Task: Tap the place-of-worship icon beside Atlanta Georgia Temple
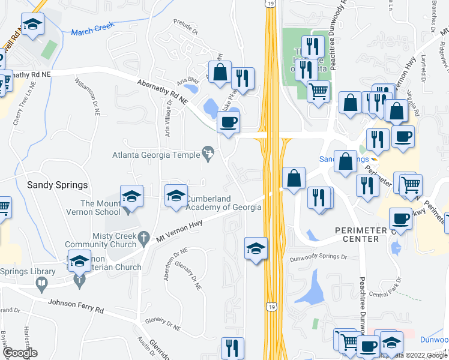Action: coord(208,154)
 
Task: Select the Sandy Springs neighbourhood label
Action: coord(58,185)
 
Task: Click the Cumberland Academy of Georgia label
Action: coord(223,203)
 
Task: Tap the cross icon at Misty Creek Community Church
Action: coord(143,238)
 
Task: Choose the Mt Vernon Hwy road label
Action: coord(178,230)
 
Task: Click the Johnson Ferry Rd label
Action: coord(76,307)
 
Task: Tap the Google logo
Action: coord(19,353)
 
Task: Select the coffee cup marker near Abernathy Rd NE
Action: coord(228,122)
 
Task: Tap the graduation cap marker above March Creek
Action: coord(32,25)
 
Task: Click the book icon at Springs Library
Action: coord(41,283)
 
